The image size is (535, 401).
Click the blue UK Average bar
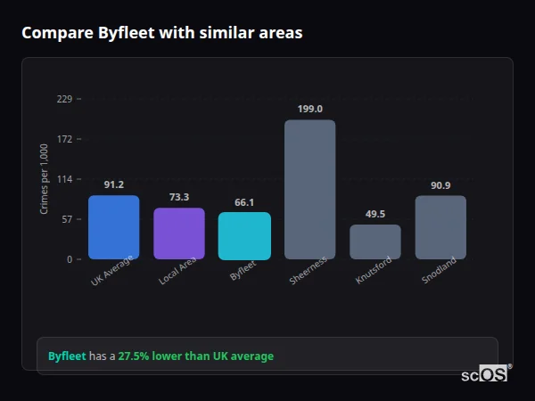pyautogui.click(x=113, y=227)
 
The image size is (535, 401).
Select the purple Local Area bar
pyautogui.click(x=179, y=233)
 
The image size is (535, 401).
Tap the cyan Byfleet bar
pyautogui.click(x=244, y=235)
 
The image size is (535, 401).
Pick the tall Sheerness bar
pyautogui.click(x=309, y=189)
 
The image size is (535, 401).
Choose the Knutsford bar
pyautogui.click(x=375, y=241)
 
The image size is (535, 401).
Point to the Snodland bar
pyautogui.click(x=440, y=227)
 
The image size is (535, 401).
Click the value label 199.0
pyautogui.click(x=309, y=109)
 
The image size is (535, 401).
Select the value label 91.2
pyautogui.click(x=113, y=184)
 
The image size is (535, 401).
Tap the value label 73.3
pyautogui.click(x=179, y=197)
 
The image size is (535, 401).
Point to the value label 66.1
pyautogui.click(x=244, y=202)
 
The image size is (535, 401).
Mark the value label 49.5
pyautogui.click(x=375, y=214)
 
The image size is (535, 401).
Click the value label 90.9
pyautogui.click(x=440, y=185)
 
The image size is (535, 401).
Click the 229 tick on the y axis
pyautogui.click(x=64, y=99)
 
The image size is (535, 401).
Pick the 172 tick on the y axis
pyautogui.click(x=64, y=139)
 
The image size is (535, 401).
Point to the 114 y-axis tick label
pyautogui.click(x=64, y=179)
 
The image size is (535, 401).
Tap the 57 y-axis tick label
pyautogui.click(x=67, y=219)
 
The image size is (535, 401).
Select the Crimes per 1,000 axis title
pyautogui.click(x=45, y=179)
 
